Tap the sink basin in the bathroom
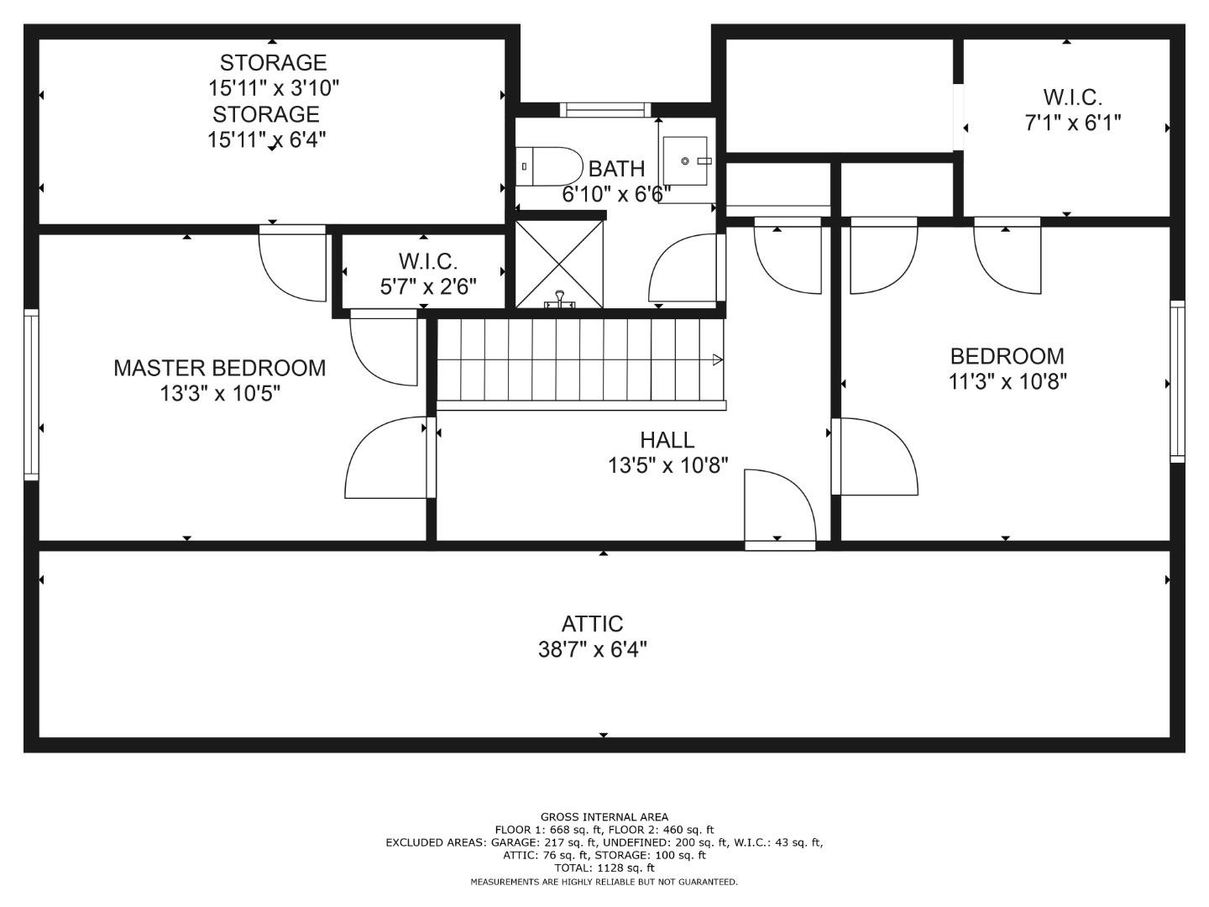(684, 160)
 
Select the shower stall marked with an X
(559, 265)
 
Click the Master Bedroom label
(220, 368)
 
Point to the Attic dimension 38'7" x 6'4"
(592, 650)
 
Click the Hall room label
(667, 440)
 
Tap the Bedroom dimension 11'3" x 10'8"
(1007, 381)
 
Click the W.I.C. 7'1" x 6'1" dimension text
(1072, 123)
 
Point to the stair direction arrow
(718, 359)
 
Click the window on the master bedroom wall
(31, 395)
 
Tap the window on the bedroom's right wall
(1177, 381)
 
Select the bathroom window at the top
(605, 109)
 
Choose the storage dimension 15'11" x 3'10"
(273, 87)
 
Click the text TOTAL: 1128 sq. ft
(604, 868)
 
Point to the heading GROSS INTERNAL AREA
(604, 816)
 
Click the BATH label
(617, 169)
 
